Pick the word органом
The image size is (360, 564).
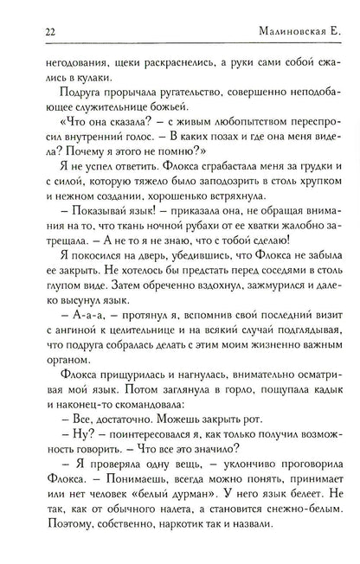tap(55, 471)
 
